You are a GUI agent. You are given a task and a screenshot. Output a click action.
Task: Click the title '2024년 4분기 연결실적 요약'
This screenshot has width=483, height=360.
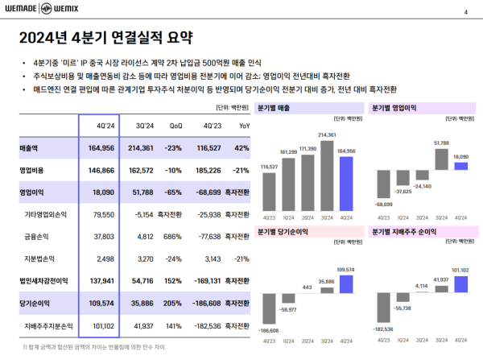click(x=106, y=39)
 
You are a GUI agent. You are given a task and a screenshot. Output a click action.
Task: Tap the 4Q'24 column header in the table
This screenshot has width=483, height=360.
click(x=107, y=126)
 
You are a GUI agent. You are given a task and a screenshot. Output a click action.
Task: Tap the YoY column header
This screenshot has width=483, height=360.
click(x=244, y=126)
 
